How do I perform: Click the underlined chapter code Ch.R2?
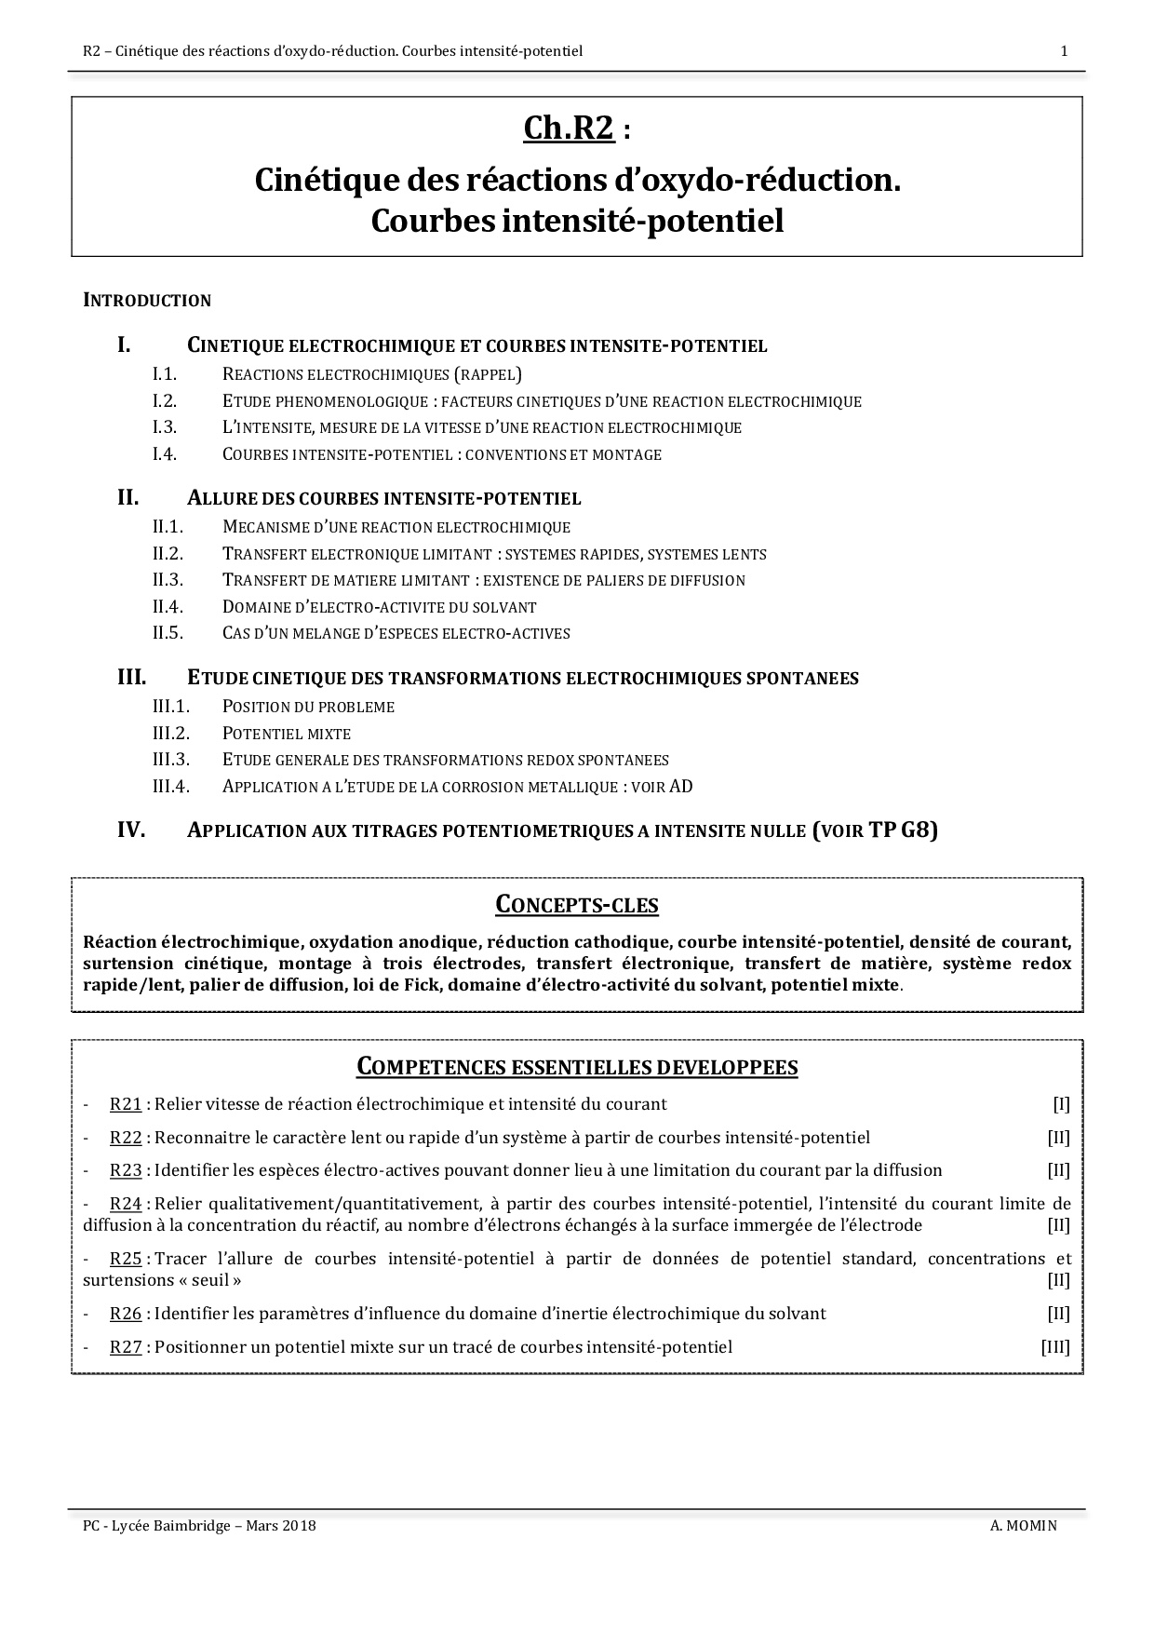[569, 128]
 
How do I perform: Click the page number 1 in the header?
[1064, 51]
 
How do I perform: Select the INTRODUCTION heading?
[147, 301]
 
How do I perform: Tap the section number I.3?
[165, 428]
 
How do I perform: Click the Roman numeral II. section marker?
[127, 498]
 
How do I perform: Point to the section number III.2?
[171, 734]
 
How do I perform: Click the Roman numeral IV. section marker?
[131, 830]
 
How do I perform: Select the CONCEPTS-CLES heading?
[576, 905]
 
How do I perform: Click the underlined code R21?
[126, 1105]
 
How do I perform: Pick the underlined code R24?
[126, 1204]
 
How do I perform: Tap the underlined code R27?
[126, 1347]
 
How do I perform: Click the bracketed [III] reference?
[1054, 1347]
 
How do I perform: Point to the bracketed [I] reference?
[1061, 1105]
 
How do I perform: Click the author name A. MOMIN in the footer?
[1024, 1526]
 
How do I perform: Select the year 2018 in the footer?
[299, 1526]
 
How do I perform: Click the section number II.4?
[168, 607]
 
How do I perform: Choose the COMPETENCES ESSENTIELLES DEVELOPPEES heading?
[577, 1068]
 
